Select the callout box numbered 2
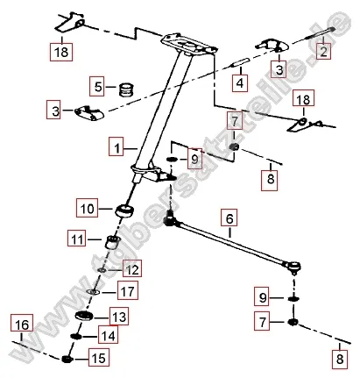click(324, 53)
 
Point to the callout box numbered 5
click(100, 87)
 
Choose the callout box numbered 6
click(229, 218)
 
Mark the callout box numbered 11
click(78, 239)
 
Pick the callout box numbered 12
click(131, 269)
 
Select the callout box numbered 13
click(117, 316)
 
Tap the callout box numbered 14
click(109, 335)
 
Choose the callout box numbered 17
click(128, 291)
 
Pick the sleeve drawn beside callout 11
click(111, 241)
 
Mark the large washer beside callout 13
click(85, 315)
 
